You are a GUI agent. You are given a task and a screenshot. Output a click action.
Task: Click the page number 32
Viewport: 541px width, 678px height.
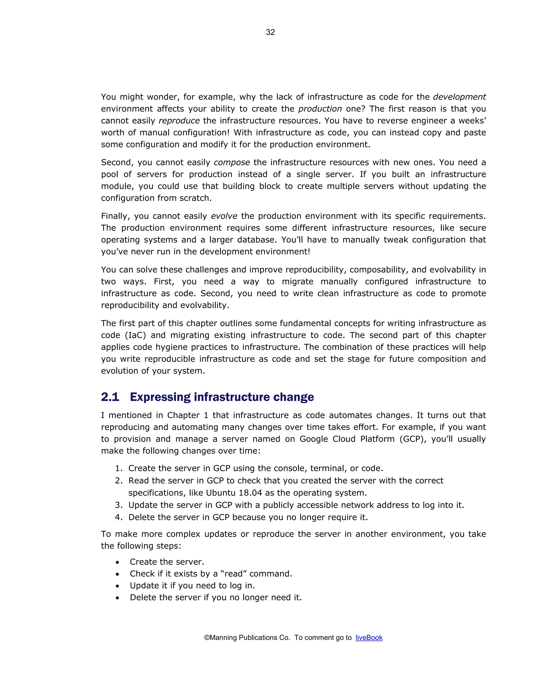(x=270, y=32)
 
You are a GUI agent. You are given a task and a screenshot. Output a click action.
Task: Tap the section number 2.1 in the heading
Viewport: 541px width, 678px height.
(x=110, y=397)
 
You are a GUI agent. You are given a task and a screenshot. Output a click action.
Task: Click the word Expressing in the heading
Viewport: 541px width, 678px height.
(x=160, y=397)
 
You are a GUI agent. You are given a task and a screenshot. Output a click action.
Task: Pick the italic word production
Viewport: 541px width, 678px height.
(x=320, y=109)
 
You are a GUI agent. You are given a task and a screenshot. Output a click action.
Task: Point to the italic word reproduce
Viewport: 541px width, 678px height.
(x=179, y=121)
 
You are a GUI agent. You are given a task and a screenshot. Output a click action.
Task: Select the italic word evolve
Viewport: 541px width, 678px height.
(x=224, y=216)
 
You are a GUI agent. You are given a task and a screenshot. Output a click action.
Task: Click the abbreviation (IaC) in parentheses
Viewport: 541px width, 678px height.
(x=136, y=335)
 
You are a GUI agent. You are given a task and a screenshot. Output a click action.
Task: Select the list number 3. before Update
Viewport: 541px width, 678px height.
(x=119, y=505)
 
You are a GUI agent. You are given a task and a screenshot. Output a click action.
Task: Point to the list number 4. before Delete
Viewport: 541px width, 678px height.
(x=119, y=517)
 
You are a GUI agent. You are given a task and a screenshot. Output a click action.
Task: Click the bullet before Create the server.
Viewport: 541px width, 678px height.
(x=117, y=562)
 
